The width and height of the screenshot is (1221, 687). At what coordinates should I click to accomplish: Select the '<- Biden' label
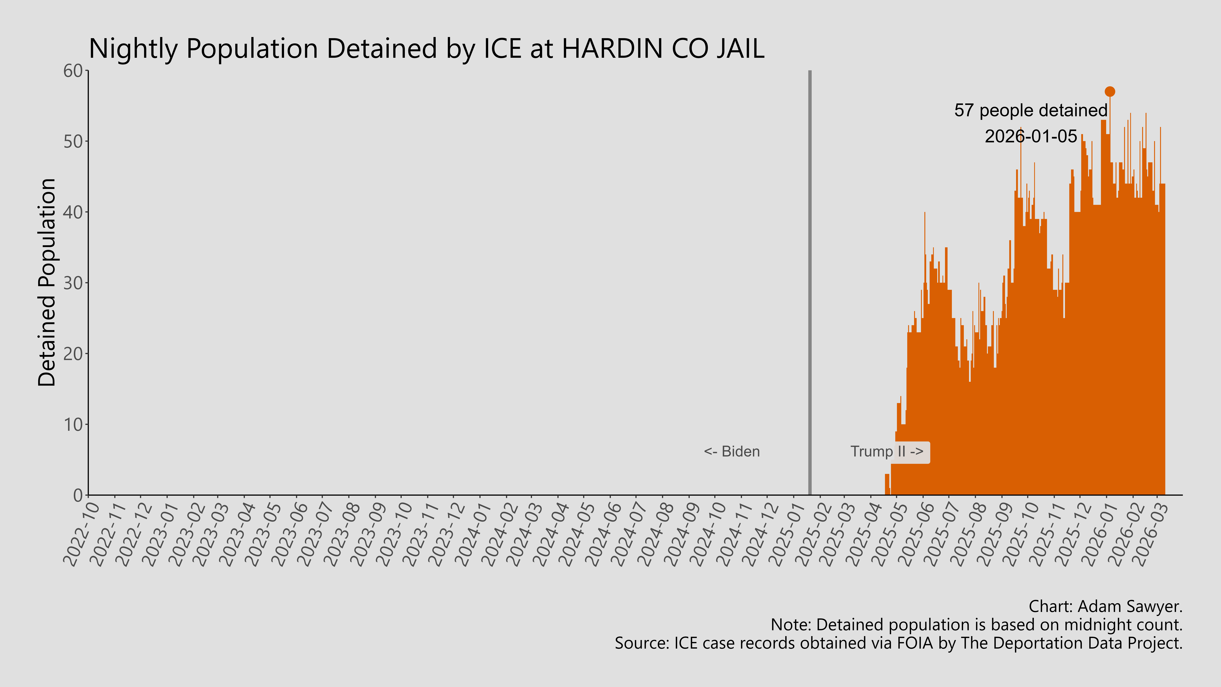point(731,451)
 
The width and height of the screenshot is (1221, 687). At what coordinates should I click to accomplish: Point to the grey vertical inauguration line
point(810,284)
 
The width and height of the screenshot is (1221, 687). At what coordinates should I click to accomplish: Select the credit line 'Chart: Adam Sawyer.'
point(1105,606)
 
